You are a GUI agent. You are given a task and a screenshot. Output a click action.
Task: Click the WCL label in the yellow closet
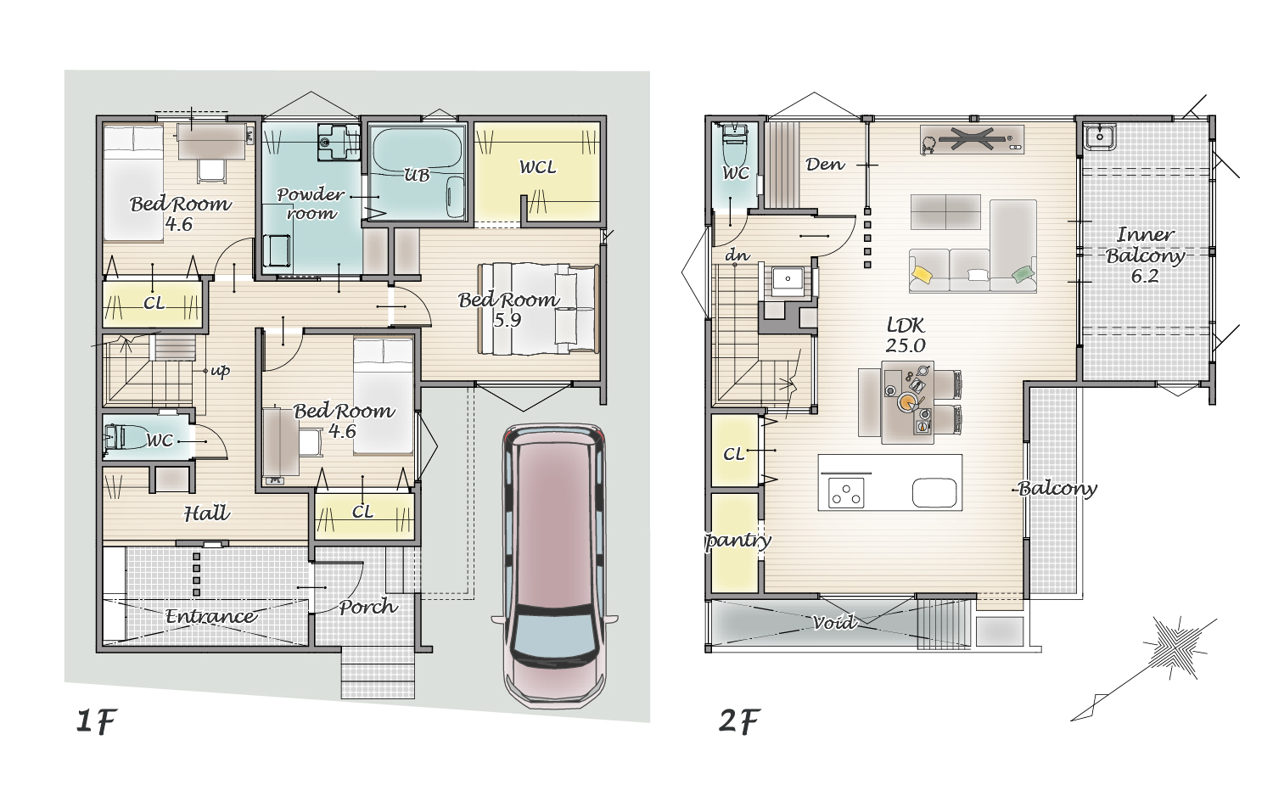tap(537, 167)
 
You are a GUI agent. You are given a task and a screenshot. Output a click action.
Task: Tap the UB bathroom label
tap(417, 175)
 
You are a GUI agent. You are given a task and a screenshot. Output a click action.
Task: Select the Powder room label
tap(311, 204)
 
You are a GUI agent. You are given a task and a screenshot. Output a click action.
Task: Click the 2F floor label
tap(739, 721)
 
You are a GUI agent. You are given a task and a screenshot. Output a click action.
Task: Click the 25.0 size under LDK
tap(906, 345)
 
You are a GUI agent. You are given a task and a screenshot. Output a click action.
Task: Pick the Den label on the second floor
tap(825, 165)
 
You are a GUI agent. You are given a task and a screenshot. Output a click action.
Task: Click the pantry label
tap(737, 541)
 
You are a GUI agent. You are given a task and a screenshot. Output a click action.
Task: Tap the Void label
tap(833, 623)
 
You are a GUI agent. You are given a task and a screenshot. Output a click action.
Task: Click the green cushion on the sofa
tap(1023, 273)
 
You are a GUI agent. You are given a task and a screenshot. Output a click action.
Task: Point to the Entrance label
tap(210, 616)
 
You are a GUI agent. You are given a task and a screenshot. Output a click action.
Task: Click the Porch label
tap(367, 607)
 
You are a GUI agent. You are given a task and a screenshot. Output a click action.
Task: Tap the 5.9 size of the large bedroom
tap(507, 321)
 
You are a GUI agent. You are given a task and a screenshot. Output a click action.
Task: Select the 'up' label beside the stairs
tap(221, 371)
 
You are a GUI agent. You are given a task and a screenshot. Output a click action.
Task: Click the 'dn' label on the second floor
tap(737, 255)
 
